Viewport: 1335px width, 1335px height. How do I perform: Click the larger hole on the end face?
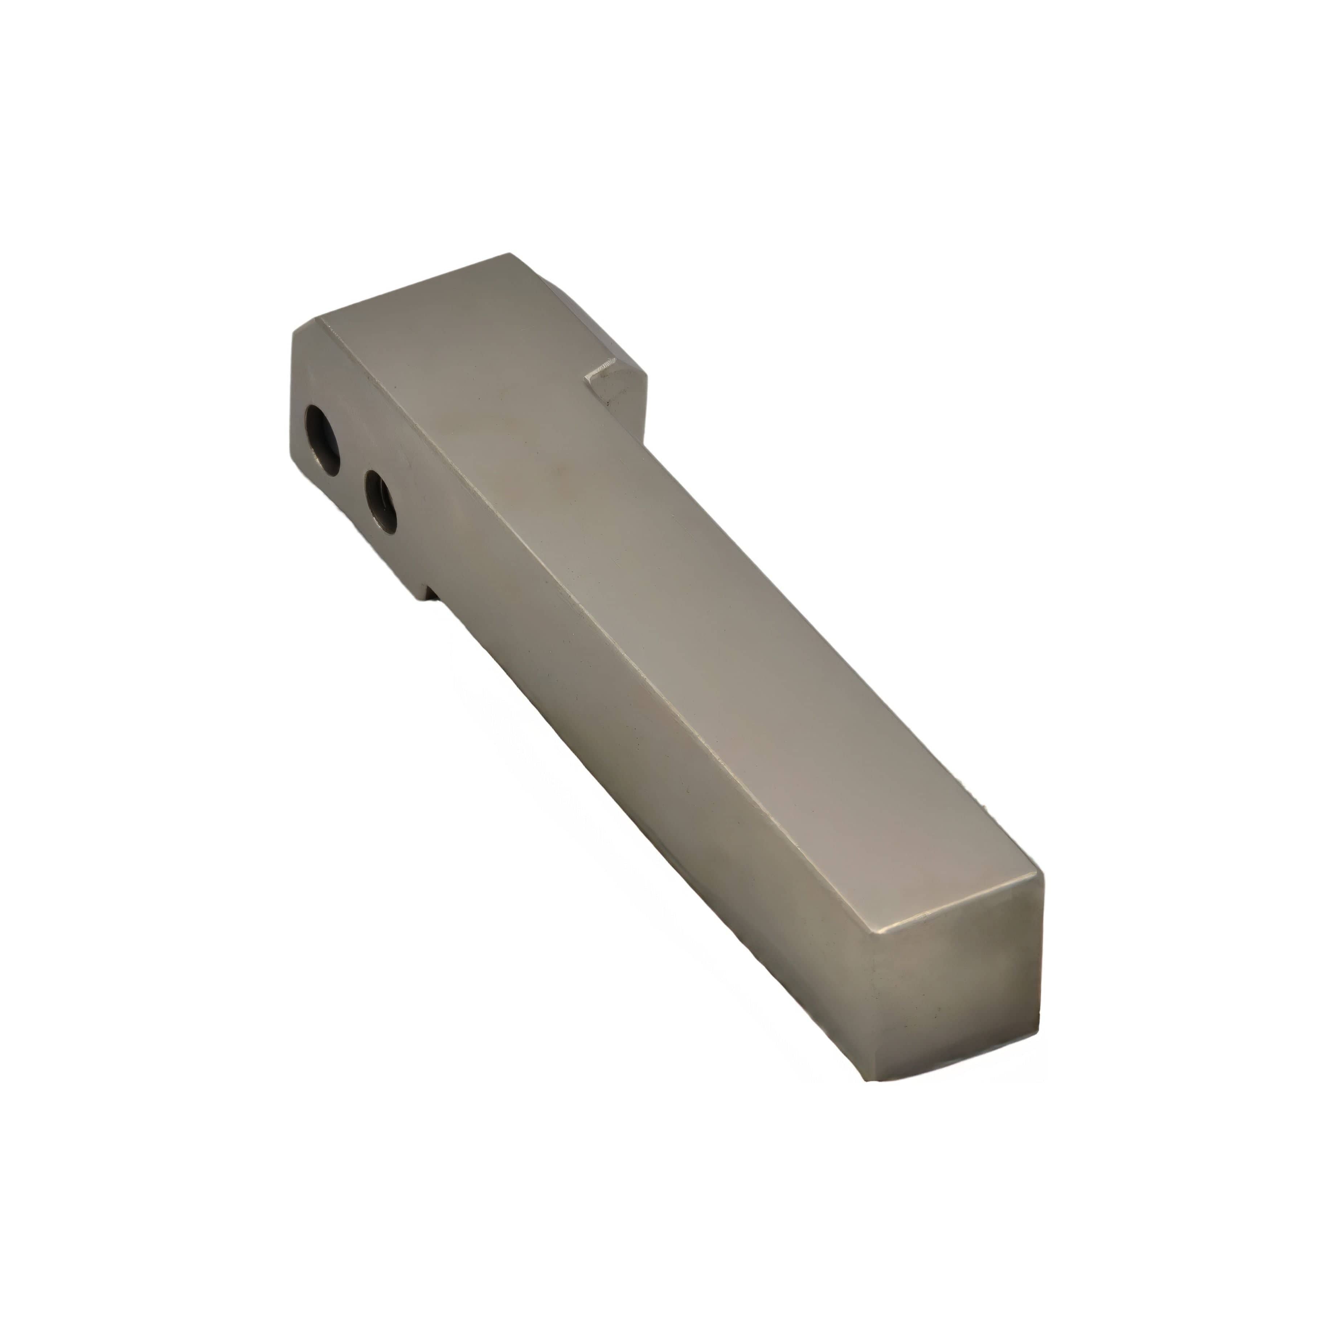[x=322, y=440]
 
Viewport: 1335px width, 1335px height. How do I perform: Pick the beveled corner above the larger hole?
[x=307, y=330]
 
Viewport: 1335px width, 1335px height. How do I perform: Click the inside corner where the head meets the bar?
[x=643, y=442]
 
